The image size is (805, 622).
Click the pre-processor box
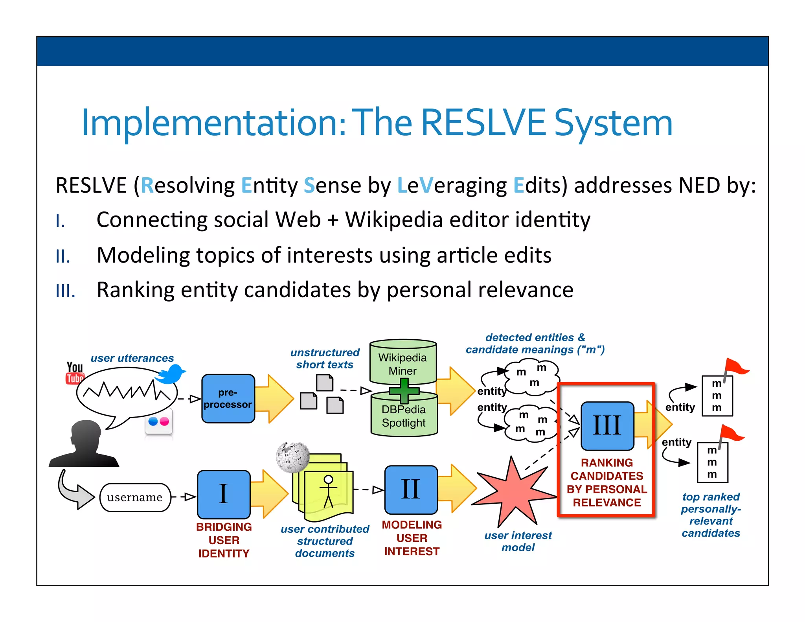click(x=228, y=398)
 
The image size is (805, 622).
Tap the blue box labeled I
click(x=224, y=494)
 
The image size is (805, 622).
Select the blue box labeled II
click(x=411, y=490)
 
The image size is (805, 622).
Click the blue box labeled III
click(x=607, y=425)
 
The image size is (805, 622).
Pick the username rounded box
click(x=135, y=497)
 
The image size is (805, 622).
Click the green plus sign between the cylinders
click(x=404, y=390)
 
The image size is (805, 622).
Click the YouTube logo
click(x=74, y=373)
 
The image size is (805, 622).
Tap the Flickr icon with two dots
click(x=159, y=422)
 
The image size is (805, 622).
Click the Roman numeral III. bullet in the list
click(x=65, y=291)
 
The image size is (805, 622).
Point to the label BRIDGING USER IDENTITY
click(x=224, y=540)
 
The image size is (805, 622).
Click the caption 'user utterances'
click(x=132, y=358)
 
